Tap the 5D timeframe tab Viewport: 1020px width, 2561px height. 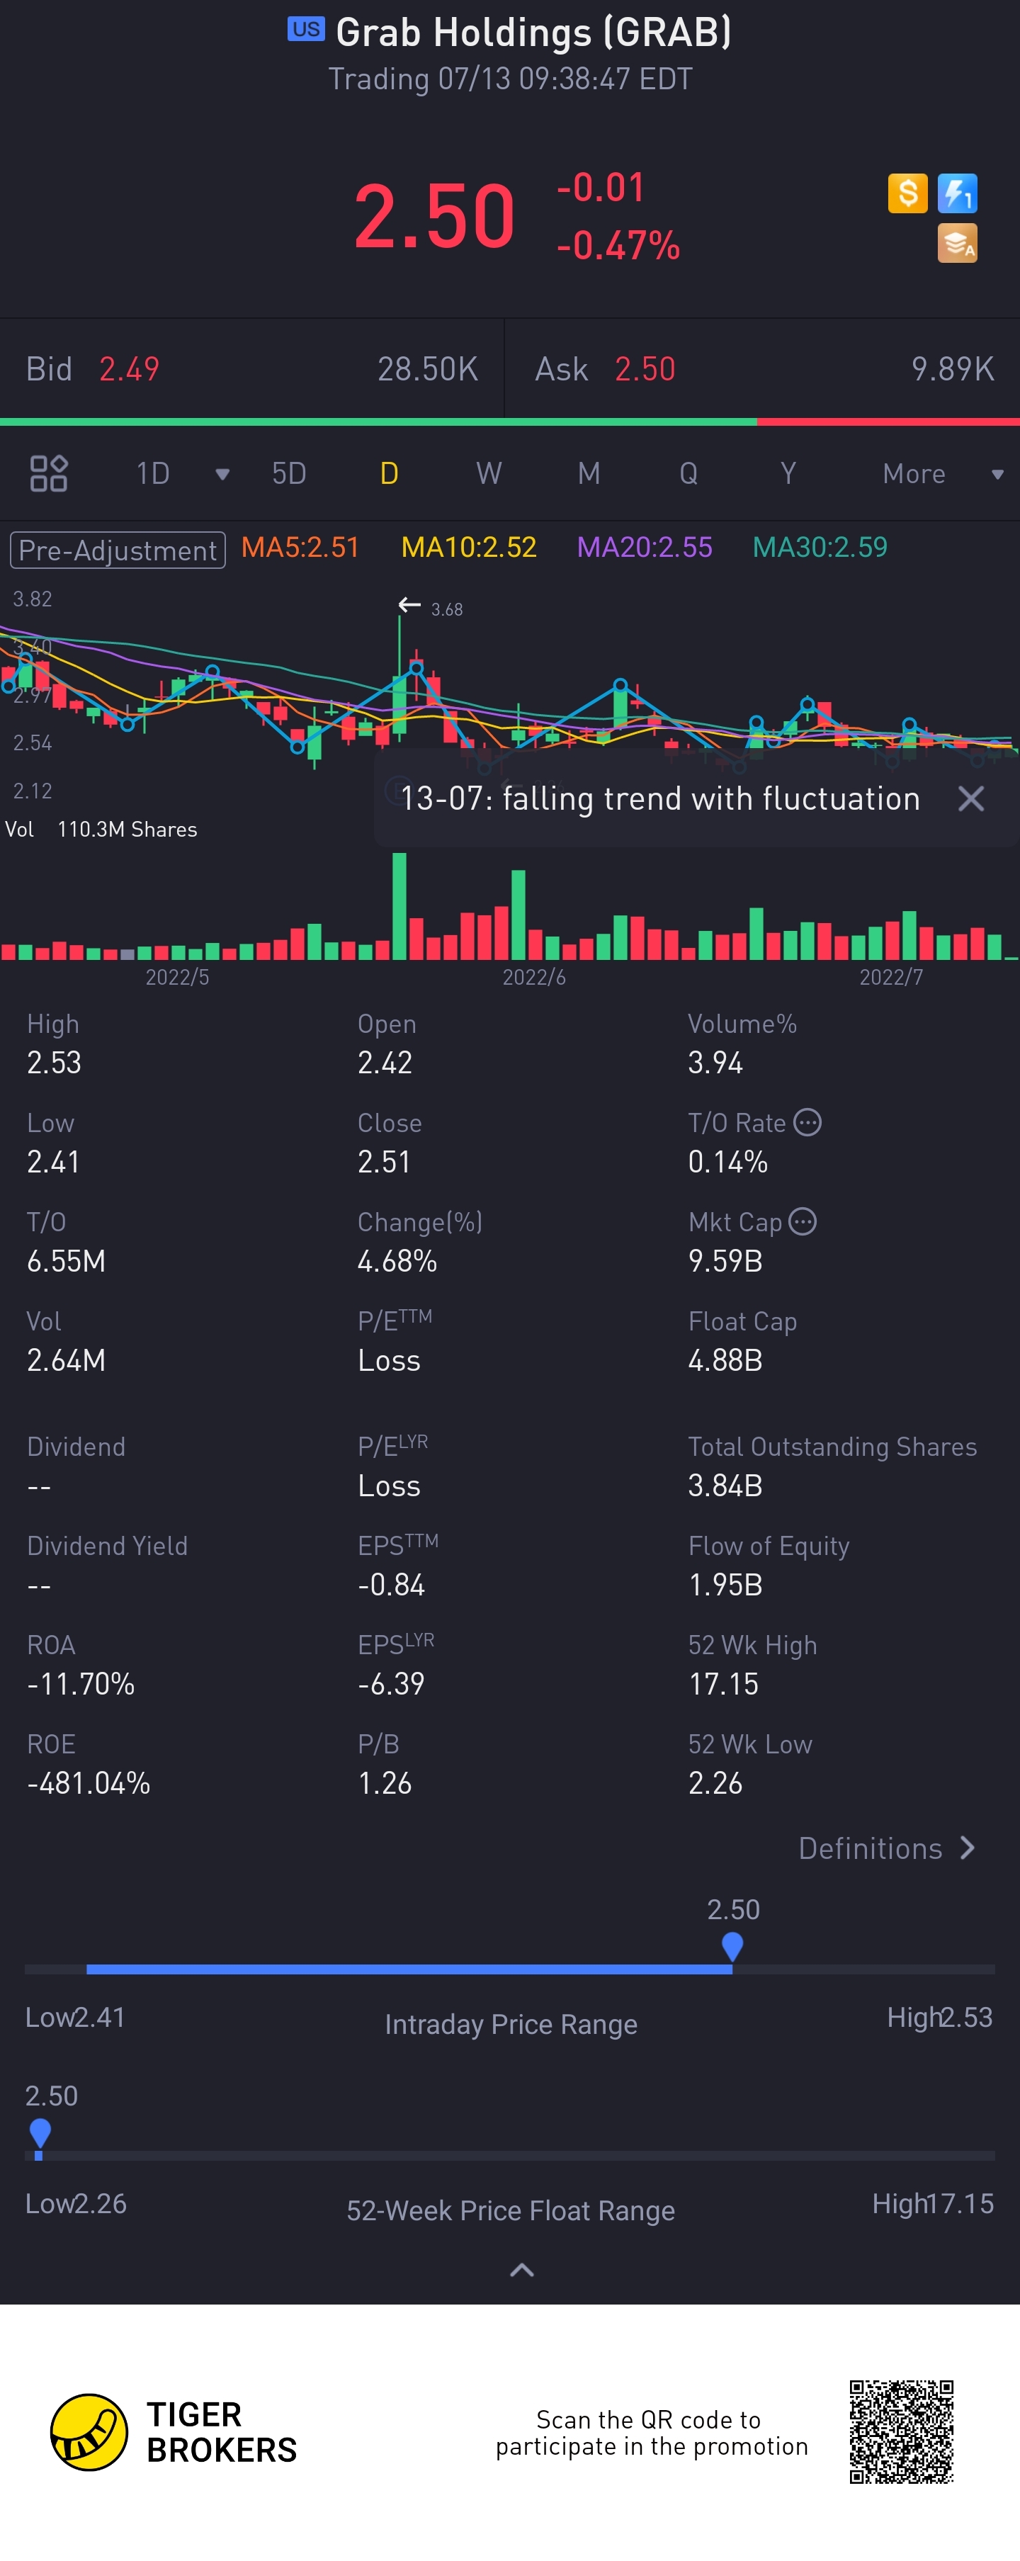[289, 473]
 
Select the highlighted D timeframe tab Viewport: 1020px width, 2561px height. [389, 473]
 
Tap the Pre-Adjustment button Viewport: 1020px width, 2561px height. [118, 550]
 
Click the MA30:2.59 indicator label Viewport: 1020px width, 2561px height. [819, 548]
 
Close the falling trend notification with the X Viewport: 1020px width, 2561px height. [970, 798]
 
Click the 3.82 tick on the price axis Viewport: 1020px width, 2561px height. [32, 599]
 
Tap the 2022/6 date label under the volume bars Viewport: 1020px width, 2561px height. [534, 977]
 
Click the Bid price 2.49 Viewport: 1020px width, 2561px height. [129, 369]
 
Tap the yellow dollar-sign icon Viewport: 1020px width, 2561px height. [907, 193]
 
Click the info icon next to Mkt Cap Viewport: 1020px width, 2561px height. [803, 1222]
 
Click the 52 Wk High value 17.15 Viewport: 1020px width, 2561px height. [722, 1684]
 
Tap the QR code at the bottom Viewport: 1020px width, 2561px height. [901, 2432]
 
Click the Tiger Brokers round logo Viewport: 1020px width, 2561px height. [89, 2432]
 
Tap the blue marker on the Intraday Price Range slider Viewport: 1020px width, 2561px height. [732, 1945]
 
